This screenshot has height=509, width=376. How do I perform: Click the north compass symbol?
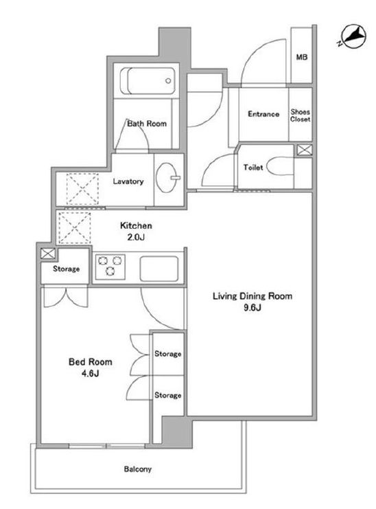click(x=354, y=36)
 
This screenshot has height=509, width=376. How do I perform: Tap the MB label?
click(x=301, y=57)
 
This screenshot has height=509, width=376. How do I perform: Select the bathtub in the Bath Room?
click(x=148, y=80)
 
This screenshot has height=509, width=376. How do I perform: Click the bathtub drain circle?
click(x=168, y=80)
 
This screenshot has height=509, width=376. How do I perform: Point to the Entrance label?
click(x=263, y=114)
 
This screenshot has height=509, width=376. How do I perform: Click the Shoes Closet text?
click(x=300, y=115)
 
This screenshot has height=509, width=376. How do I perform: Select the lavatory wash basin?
click(x=167, y=177)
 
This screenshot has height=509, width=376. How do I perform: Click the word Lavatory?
click(x=128, y=181)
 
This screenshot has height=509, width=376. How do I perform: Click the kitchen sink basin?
click(x=158, y=269)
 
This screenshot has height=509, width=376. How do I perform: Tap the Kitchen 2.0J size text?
click(x=136, y=231)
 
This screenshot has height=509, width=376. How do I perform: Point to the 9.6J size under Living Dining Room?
click(x=252, y=308)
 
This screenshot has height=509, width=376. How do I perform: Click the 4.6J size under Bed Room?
click(x=90, y=373)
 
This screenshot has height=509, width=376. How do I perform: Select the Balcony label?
click(x=138, y=469)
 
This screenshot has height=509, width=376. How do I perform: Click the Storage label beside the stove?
click(x=66, y=269)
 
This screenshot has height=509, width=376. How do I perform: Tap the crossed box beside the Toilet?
click(x=305, y=150)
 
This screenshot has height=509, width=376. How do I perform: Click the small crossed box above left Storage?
click(x=47, y=253)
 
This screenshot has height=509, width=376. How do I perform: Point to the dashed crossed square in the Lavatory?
click(x=82, y=190)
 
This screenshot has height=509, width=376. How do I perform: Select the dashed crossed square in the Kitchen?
click(x=74, y=227)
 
